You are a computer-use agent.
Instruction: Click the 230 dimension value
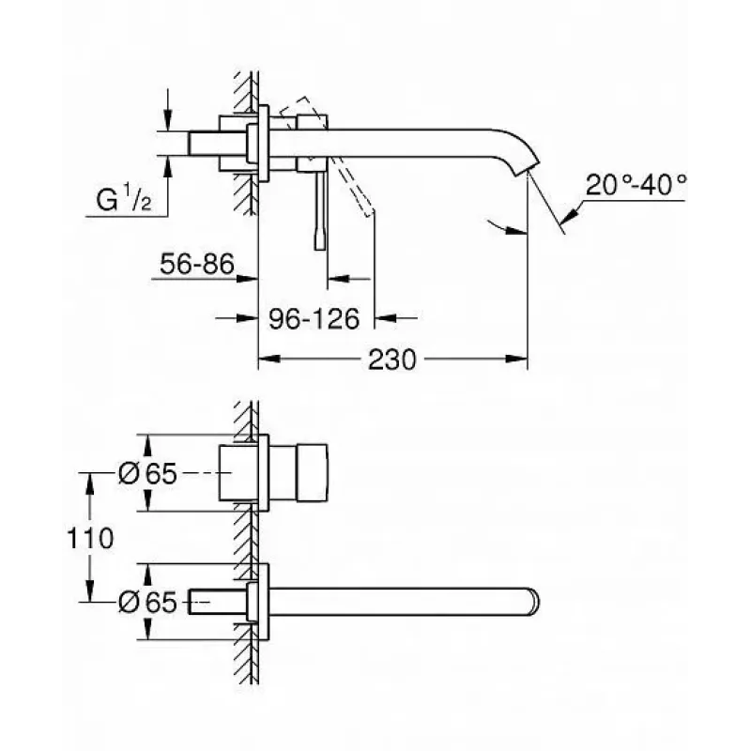point(392,360)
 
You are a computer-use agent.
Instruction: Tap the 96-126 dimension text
point(314,318)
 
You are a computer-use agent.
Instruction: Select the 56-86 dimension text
point(197,264)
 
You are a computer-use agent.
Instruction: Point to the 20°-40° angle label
point(636,184)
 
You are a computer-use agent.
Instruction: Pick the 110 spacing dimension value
point(90,538)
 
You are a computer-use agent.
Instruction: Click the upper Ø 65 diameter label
point(147,474)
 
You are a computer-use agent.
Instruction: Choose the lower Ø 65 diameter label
point(147,602)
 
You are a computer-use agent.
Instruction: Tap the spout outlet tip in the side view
point(526,169)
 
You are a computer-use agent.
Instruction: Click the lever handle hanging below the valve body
point(320,210)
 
